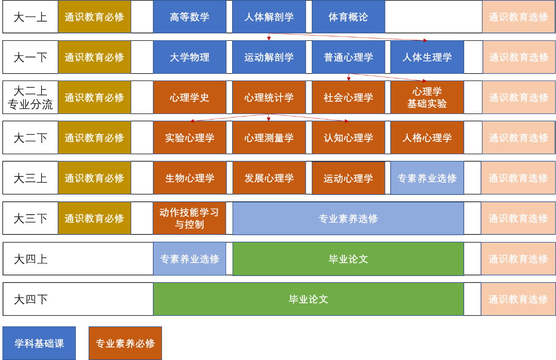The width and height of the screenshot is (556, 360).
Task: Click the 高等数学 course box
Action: point(189,17)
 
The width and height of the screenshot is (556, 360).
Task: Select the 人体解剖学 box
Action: point(269,17)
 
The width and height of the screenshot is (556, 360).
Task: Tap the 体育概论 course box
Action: point(348,17)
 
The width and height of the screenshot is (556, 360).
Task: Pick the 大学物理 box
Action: point(189,57)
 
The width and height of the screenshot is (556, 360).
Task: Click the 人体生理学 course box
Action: point(427,57)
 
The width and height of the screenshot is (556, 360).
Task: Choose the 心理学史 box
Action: point(189,97)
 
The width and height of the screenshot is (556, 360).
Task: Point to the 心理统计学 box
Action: point(269,97)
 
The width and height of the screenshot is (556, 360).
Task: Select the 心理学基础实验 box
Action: point(427,97)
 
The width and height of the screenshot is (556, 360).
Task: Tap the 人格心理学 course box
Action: point(427,138)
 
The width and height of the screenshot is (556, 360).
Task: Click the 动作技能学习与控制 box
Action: point(189,218)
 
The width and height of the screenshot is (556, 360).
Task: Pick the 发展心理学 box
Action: point(269,178)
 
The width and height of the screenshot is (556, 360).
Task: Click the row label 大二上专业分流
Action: point(30,97)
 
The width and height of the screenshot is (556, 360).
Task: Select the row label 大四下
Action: point(30,299)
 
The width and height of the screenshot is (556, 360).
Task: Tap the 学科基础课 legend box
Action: point(39,343)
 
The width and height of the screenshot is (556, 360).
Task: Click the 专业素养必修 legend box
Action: point(125,343)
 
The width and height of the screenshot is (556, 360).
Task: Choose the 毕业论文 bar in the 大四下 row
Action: point(308,299)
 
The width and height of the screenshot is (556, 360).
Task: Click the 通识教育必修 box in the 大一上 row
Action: point(94,17)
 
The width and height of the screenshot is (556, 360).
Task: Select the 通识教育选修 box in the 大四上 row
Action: point(518,259)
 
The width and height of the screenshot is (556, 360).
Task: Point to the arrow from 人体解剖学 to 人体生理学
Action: point(351,37)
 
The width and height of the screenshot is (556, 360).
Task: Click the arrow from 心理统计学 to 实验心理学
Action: point(230,118)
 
